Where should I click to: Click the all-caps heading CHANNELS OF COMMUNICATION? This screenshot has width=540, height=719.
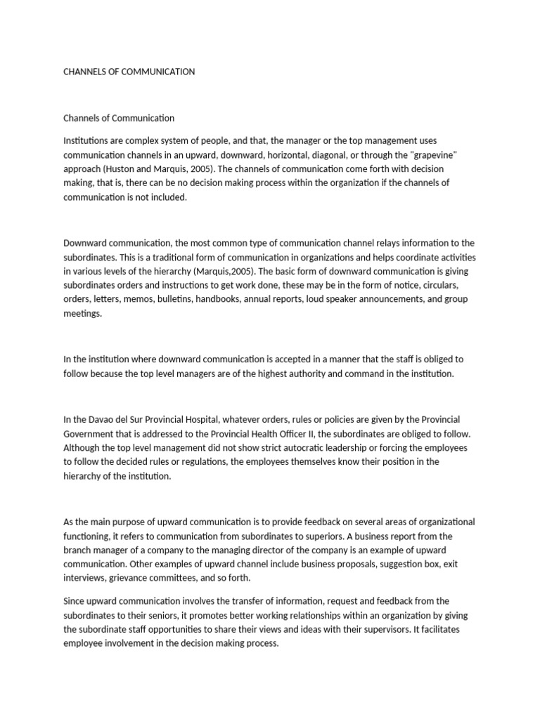point(129,72)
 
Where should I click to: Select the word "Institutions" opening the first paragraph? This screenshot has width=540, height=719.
point(86,141)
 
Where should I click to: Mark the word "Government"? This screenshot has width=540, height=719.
point(90,433)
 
